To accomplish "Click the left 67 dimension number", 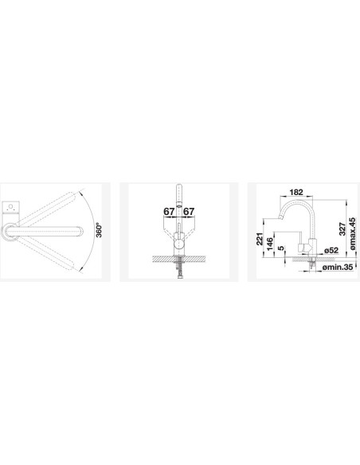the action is click(169, 212).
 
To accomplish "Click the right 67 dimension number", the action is click(189, 212).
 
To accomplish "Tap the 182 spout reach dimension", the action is click(296, 192).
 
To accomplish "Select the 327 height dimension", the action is click(342, 229).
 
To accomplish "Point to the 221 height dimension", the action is click(260, 239).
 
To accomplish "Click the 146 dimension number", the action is click(270, 244).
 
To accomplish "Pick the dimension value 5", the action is click(281, 248).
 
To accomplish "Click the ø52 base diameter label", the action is click(331, 251).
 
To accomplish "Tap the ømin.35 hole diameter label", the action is click(338, 268).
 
